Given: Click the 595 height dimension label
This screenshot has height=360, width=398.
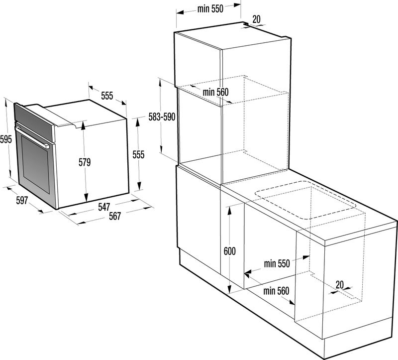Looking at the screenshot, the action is (6, 139).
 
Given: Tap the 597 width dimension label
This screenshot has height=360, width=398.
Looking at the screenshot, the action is (22, 201).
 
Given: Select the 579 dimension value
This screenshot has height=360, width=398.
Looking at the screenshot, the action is (85, 162).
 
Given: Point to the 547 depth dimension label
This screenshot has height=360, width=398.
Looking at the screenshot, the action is (104, 207).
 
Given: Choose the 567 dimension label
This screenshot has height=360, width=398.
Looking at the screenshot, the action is (115, 216).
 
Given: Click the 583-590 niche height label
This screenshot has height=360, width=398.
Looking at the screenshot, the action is (162, 117).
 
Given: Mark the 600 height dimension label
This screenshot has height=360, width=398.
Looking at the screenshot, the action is (230, 251).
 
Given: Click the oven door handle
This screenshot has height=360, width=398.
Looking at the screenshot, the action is (32, 137).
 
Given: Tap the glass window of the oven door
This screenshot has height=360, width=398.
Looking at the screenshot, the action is (35, 164).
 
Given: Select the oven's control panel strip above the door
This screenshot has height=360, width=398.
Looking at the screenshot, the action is (34, 122).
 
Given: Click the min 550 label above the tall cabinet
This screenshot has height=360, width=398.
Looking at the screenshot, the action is (210, 9).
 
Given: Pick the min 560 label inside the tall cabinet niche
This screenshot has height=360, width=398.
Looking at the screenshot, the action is (216, 92).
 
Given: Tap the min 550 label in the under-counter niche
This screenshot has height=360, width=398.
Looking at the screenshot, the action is (277, 264).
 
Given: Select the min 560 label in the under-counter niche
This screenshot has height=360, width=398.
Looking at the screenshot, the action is (276, 291).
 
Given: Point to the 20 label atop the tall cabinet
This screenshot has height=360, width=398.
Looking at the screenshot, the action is (257, 19).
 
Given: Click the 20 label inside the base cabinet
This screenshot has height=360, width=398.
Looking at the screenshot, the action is (340, 285).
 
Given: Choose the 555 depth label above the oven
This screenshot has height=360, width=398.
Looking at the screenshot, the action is (107, 96).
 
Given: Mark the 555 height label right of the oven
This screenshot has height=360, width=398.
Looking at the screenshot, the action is (139, 154).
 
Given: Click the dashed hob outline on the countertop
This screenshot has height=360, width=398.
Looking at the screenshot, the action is (306, 200).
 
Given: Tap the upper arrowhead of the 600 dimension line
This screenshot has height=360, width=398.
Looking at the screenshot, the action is (229, 210).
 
